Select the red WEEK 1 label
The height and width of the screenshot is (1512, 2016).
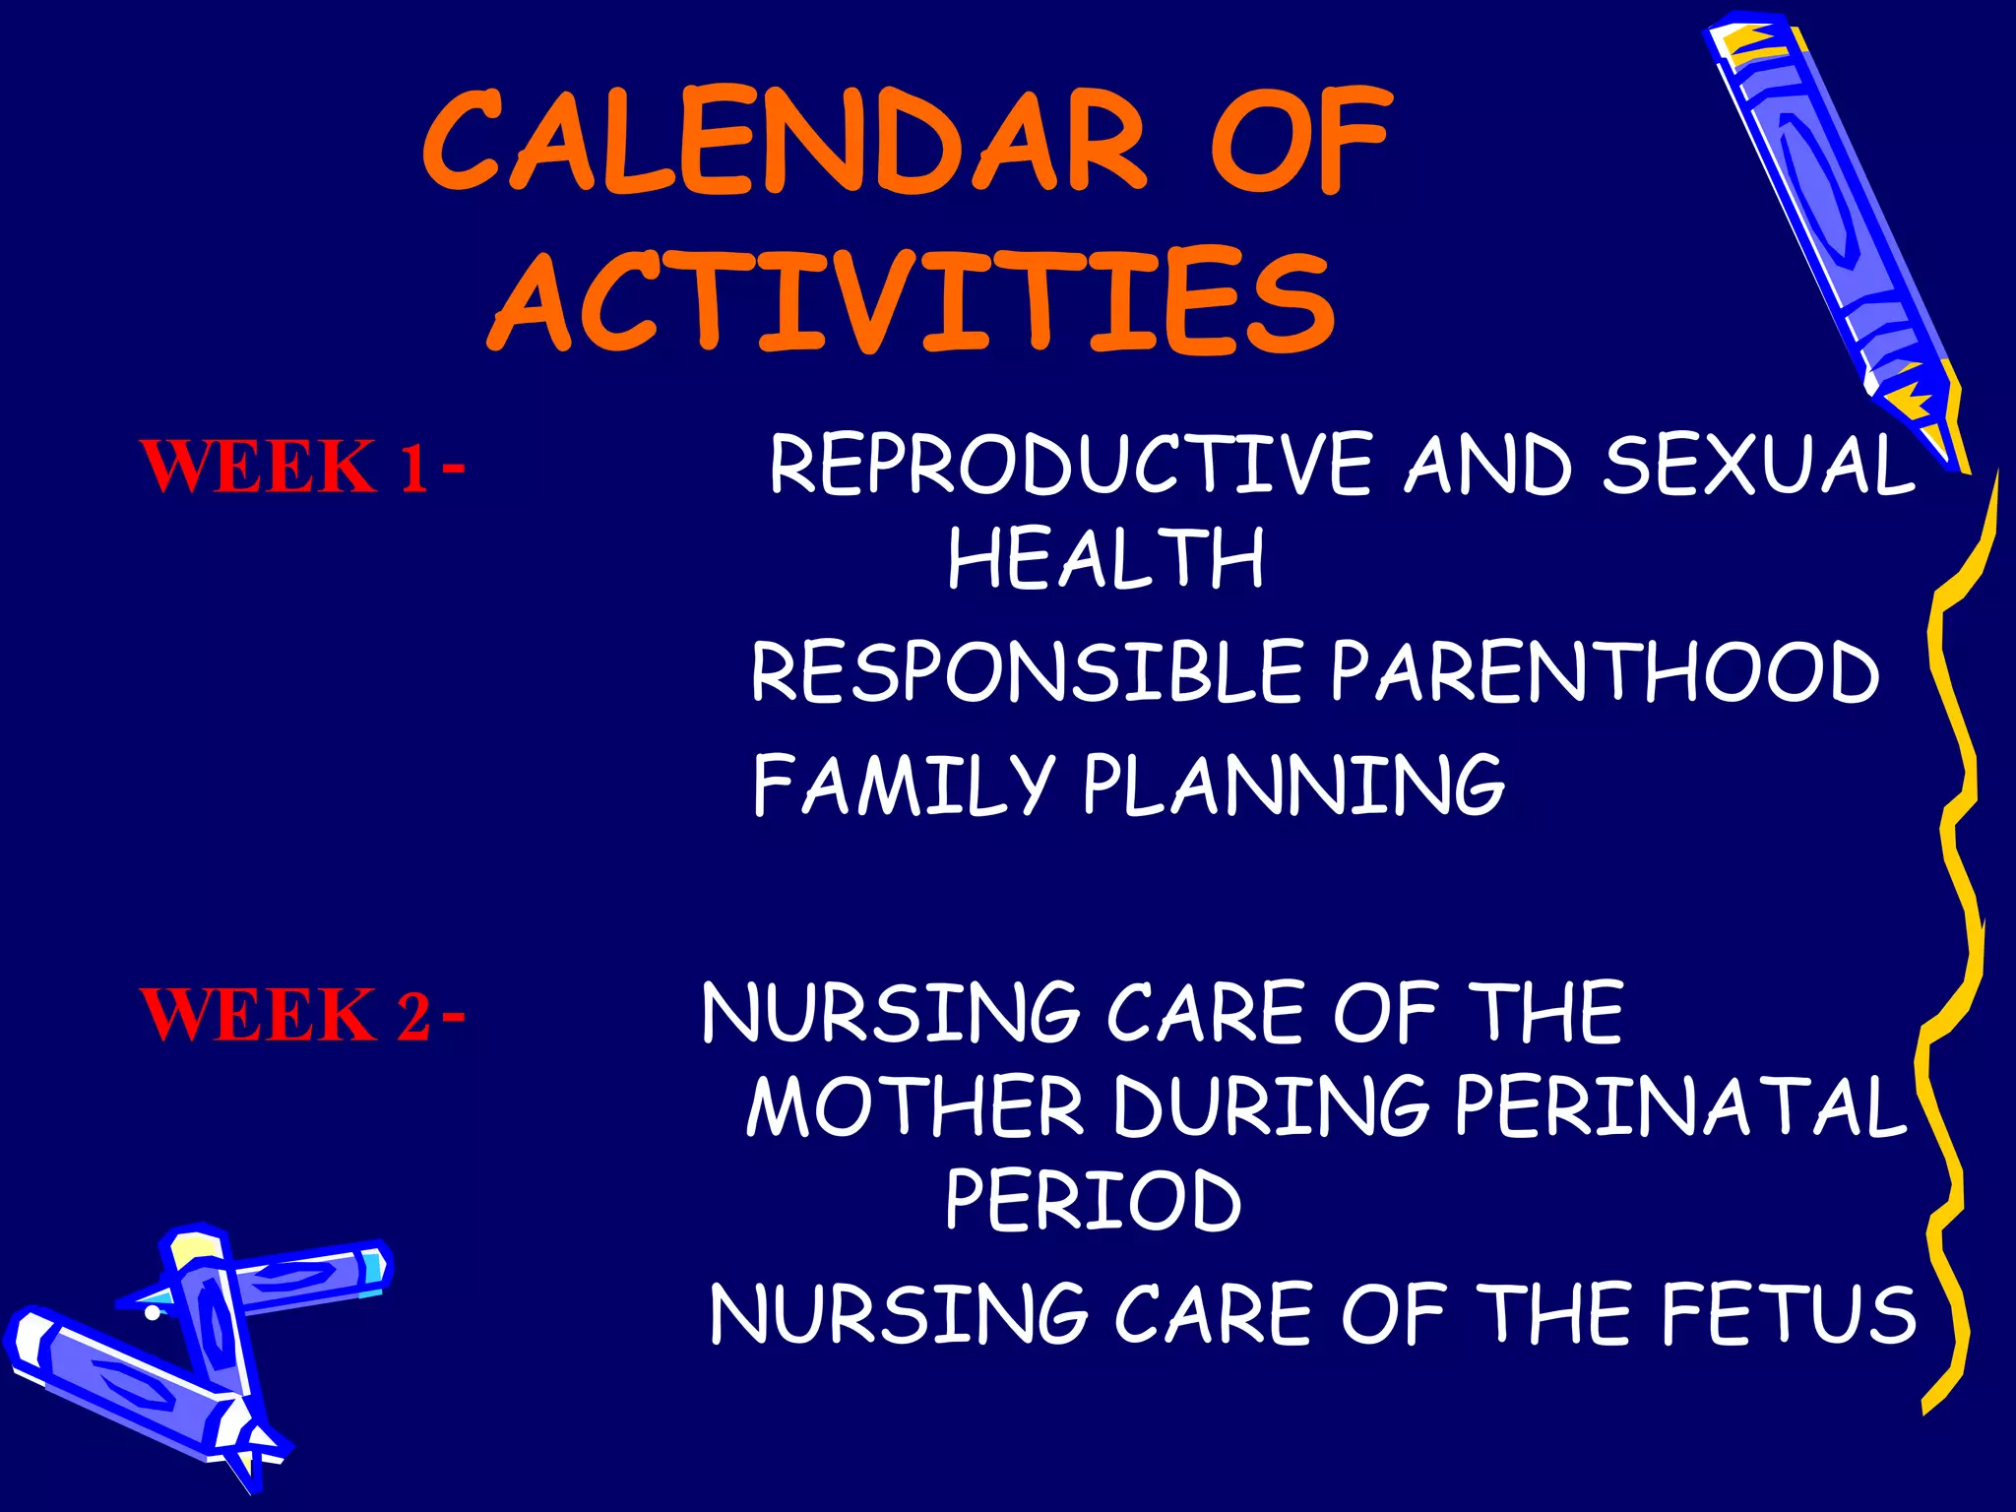[x=285, y=467]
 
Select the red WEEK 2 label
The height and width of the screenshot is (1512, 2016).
[x=285, y=1015]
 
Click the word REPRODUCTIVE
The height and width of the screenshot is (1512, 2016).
[x=1069, y=465]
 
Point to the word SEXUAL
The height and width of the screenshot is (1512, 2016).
[x=1757, y=465]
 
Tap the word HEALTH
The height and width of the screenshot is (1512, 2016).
[x=1105, y=558]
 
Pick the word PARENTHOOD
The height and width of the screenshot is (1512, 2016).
[x=1605, y=671]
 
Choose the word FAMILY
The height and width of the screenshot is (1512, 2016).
[x=903, y=785]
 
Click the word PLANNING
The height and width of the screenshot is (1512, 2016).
[x=1293, y=785]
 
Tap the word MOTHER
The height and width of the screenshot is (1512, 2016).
[x=914, y=1106]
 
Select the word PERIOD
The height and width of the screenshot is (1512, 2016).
[x=1093, y=1200]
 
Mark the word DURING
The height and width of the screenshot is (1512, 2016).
[x=1271, y=1106]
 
